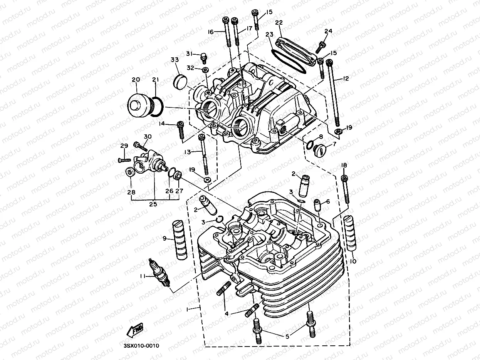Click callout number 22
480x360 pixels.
[279, 23]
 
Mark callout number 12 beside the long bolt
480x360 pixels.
[346, 79]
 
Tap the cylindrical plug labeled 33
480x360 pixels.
[178, 81]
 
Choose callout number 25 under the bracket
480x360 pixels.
[153, 204]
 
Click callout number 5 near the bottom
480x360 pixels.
[287, 336]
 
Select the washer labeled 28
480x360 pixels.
[129, 173]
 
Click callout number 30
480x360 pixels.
[148, 137]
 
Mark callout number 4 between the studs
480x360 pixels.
[227, 314]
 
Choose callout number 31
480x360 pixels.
[189, 53]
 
